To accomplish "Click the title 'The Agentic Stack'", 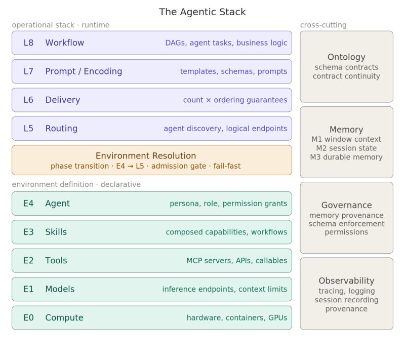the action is (x=202, y=12).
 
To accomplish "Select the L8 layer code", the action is (x=28, y=43).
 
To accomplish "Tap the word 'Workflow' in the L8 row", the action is (x=65, y=43).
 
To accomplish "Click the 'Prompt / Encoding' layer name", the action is (x=84, y=71).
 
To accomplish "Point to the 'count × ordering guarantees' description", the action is (x=235, y=100).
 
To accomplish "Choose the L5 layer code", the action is (x=28, y=129).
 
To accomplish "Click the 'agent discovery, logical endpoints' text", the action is (x=225, y=129).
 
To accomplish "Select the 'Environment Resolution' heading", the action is (x=146, y=156).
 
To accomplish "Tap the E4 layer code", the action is (x=28, y=204).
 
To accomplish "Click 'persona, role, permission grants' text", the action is (x=228, y=204).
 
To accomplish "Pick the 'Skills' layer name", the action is (x=56, y=232).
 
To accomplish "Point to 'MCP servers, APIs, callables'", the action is (x=236, y=261).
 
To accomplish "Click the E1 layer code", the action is (x=28, y=289).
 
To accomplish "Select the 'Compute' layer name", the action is (x=64, y=318).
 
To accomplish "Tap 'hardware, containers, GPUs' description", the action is (x=237, y=318).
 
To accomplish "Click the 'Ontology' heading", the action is (x=346, y=57).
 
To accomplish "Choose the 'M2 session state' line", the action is (x=346, y=148).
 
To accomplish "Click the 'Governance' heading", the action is (x=346, y=205).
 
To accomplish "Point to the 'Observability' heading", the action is (x=346, y=281).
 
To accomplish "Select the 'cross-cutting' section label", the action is (x=323, y=25).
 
